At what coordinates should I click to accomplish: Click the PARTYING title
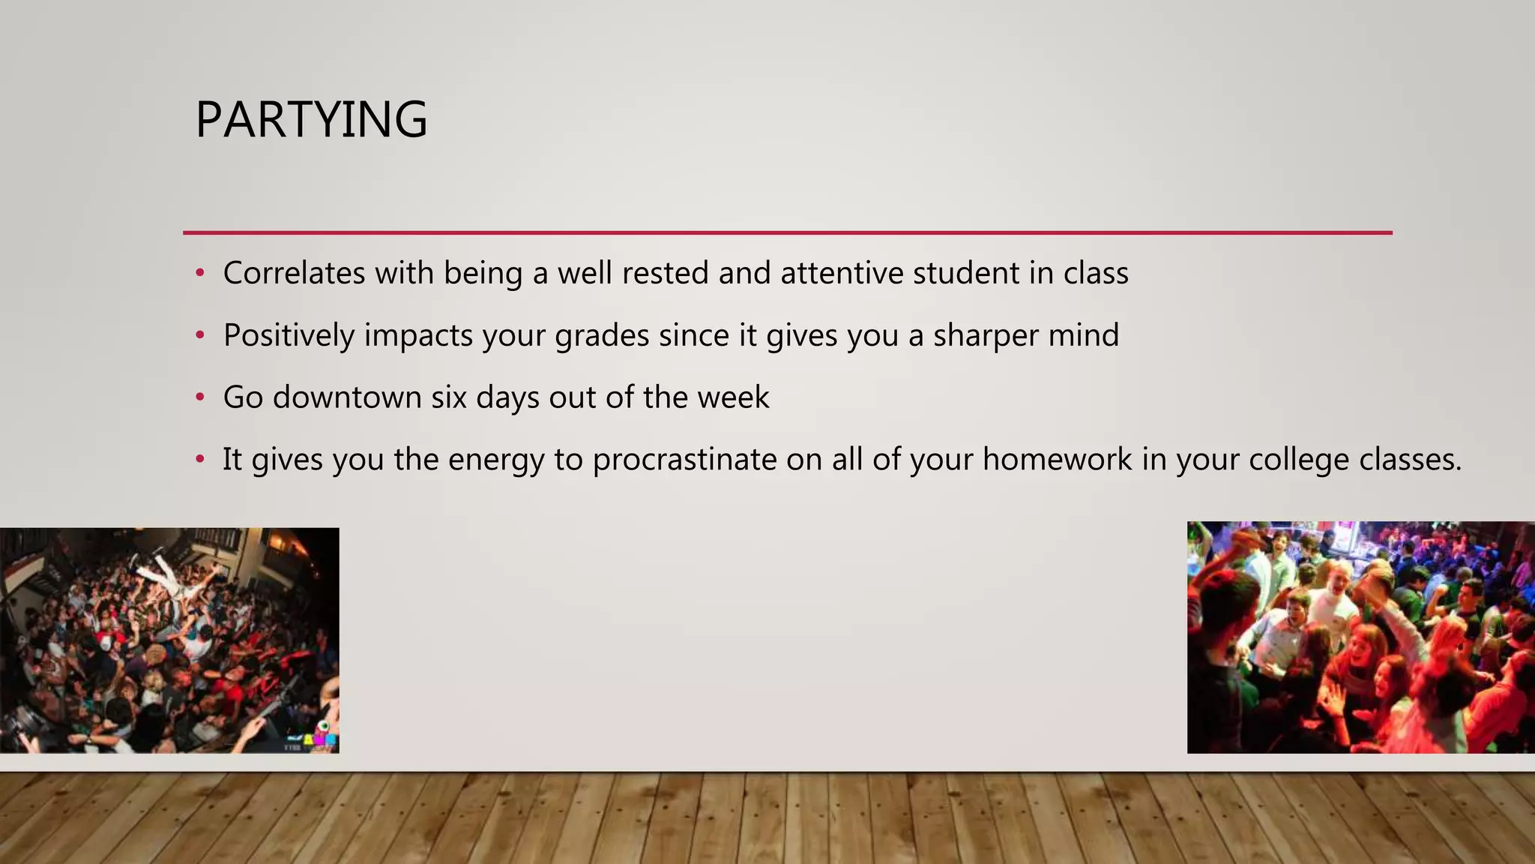point(311,120)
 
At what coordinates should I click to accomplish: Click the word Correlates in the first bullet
point(294,273)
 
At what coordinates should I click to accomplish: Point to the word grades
point(602,335)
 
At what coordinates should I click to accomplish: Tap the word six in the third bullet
point(449,397)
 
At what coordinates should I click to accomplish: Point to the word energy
point(495,460)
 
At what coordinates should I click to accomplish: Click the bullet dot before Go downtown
point(199,397)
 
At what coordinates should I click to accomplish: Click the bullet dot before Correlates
point(199,273)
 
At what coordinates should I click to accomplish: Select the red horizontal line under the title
point(787,232)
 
